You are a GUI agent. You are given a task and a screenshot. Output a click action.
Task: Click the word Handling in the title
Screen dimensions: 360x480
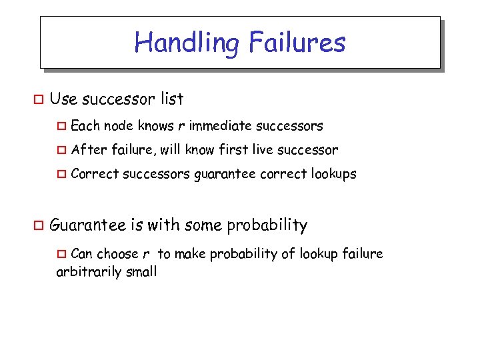tap(187, 43)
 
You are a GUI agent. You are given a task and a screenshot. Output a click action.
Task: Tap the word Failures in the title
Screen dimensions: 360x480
tap(297, 43)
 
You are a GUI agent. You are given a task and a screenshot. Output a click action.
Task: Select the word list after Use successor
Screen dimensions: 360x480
tap(172, 99)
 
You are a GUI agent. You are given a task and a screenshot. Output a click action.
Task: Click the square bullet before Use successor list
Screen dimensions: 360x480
tap(38, 100)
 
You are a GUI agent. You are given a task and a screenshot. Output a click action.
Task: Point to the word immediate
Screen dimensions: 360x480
tap(221, 125)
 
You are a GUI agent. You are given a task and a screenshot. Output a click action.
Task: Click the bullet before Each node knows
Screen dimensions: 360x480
tap(62, 126)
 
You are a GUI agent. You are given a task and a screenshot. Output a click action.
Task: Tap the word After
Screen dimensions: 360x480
tap(87, 150)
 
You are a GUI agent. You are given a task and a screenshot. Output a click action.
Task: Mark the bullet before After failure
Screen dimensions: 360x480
tap(62, 151)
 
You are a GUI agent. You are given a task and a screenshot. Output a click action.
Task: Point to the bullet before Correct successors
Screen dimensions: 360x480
tap(62, 175)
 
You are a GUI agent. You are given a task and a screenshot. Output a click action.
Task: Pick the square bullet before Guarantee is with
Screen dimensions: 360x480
tap(38, 226)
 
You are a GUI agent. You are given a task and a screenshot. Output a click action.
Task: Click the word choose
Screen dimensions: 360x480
tap(117, 254)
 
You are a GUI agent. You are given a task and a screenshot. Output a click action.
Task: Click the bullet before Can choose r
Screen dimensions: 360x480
tap(62, 254)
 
